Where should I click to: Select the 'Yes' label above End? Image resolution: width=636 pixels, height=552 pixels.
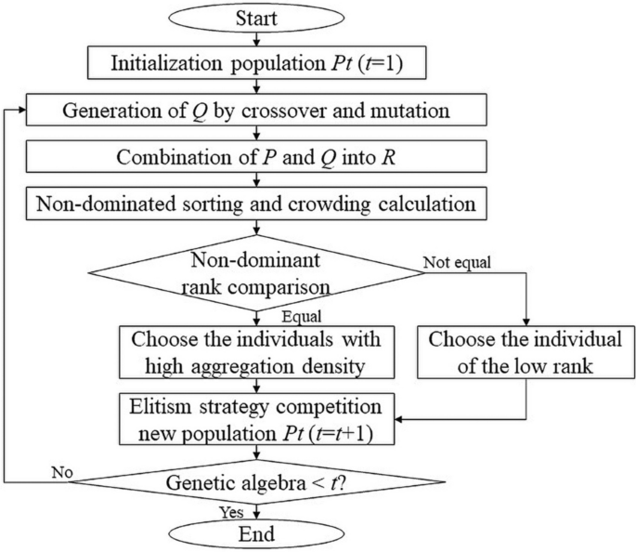tap(228, 511)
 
